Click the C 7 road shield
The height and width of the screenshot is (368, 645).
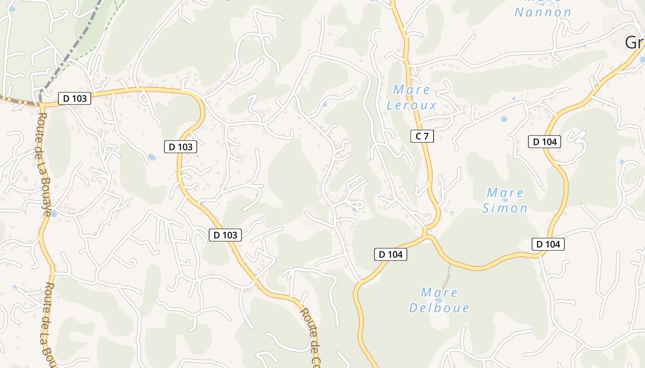click(422, 136)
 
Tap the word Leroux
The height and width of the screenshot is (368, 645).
click(411, 105)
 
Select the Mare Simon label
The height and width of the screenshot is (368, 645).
click(505, 200)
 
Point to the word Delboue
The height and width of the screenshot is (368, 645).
click(439, 308)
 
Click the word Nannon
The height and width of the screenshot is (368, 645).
click(543, 12)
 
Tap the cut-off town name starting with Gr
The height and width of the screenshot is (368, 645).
click(635, 42)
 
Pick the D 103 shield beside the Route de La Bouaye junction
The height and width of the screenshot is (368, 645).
click(75, 98)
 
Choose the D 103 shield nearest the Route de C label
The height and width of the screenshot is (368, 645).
click(225, 235)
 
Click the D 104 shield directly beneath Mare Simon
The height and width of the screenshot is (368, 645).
click(548, 244)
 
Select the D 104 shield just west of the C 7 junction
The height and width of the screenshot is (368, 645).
click(391, 254)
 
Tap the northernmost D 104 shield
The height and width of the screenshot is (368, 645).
click(545, 142)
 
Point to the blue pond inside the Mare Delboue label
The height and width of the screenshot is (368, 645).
click(438, 300)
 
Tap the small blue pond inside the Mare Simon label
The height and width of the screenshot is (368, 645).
click(505, 200)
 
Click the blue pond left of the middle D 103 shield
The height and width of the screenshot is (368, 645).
click(152, 157)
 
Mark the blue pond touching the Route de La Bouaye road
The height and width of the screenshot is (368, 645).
click(53, 213)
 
